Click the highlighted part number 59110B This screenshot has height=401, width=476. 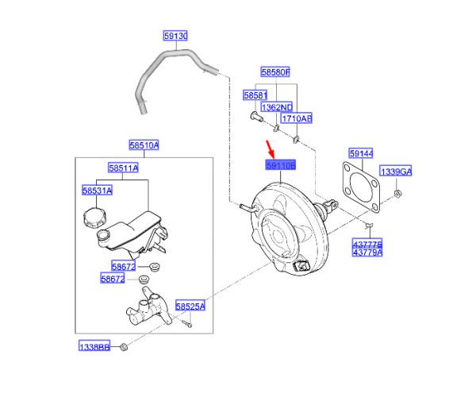(279, 166)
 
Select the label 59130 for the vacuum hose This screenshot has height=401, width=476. (175, 37)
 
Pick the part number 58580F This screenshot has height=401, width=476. (277, 72)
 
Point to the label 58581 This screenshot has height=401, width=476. (255, 94)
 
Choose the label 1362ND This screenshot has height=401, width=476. (278, 107)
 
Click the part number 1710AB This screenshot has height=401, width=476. (297, 118)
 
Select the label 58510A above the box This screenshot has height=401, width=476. (144, 145)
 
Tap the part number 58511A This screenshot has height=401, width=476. (124, 168)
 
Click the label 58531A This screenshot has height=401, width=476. (97, 191)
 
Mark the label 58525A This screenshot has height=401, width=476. (190, 306)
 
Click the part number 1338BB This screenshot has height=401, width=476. (93, 347)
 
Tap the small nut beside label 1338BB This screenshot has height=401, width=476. (125, 346)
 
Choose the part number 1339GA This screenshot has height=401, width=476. (397, 172)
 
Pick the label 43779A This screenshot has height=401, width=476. (368, 253)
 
